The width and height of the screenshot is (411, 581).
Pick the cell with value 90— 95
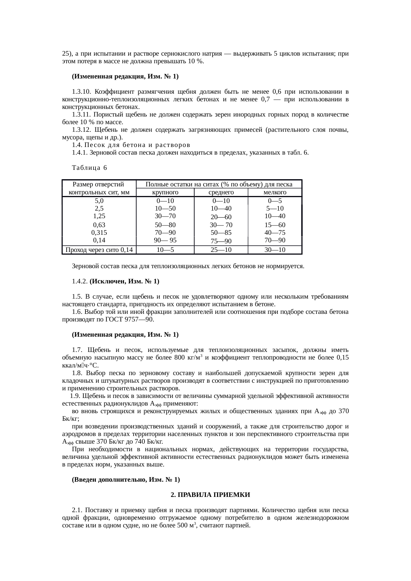pos(165,240)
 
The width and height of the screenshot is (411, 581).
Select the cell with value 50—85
pos(221,233)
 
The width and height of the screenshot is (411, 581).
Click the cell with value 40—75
pos(275,233)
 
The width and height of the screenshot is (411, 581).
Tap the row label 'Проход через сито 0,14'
pos(99,250)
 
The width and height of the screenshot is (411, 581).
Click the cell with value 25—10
pos(221,250)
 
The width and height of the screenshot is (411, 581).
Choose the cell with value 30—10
pos(275,250)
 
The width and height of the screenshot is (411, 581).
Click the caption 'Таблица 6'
pos(89,168)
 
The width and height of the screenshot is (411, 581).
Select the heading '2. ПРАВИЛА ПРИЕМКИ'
pos(210,495)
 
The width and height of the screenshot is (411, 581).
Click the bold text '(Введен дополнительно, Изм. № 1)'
pos(126,480)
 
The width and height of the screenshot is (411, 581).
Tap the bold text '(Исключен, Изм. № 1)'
pos(124,281)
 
